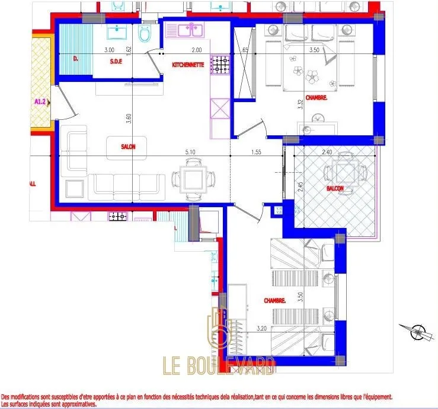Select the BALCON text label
tap(334, 188)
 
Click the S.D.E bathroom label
tap(116, 60)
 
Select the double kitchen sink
tap(184, 29)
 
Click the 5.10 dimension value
tap(190, 152)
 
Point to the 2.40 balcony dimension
tap(327, 152)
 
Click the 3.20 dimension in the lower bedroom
tap(261, 327)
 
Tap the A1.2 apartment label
tap(40, 102)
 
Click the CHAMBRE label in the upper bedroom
tap(316, 97)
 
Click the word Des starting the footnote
tap(7, 397)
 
